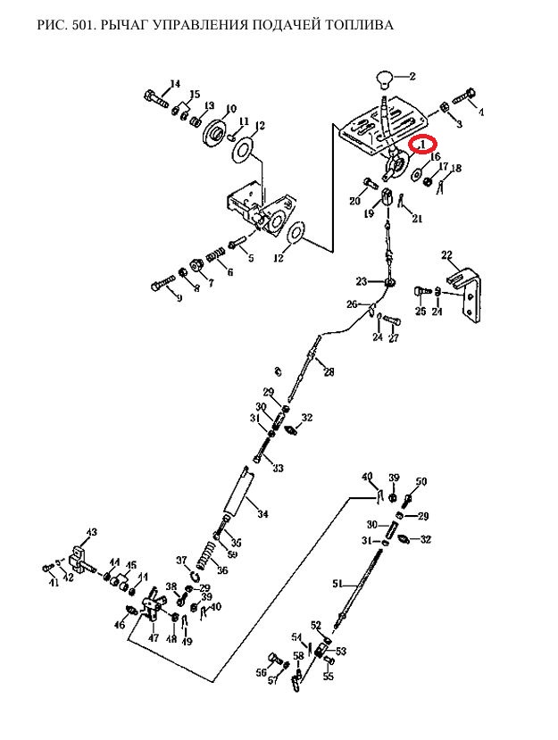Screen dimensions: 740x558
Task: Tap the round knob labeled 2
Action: [x=386, y=79]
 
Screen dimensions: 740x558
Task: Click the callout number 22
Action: [x=447, y=254]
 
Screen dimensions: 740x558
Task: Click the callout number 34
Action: [x=262, y=513]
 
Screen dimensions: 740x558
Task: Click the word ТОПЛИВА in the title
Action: [x=355, y=25]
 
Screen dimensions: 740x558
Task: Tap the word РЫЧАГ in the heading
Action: [x=133, y=25]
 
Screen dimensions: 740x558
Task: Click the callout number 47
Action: [x=153, y=638]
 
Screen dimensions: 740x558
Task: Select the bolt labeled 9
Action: [x=161, y=286]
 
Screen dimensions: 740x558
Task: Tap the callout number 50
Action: [x=421, y=481]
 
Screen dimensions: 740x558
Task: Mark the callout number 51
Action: [x=337, y=584]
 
